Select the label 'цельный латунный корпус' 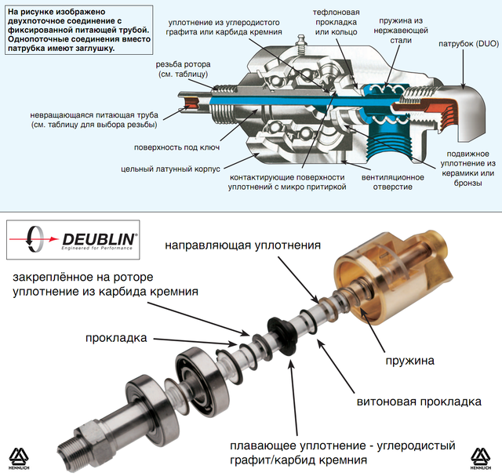[x=169, y=168]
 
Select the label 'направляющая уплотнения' [x=242, y=245]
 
